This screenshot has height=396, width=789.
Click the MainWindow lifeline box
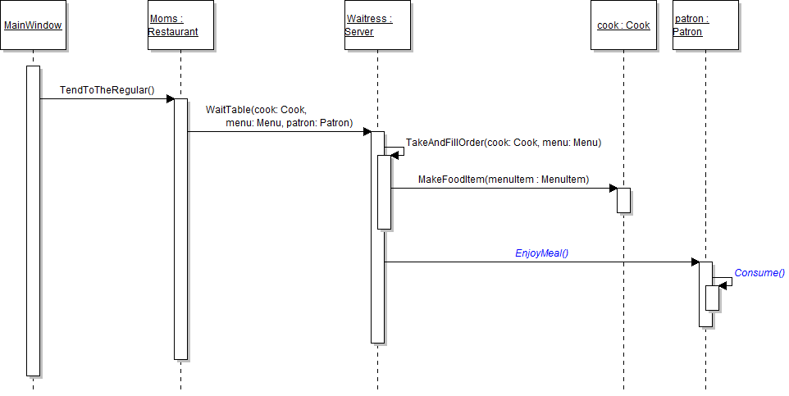point(33,25)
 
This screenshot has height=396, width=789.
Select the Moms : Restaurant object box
point(180,25)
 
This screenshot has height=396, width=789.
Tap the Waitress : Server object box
point(377,25)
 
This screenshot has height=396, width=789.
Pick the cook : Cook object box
point(623,25)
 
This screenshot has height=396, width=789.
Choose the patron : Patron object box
point(705,25)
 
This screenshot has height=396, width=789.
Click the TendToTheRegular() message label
point(107,89)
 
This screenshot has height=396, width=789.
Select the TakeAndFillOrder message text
point(504,143)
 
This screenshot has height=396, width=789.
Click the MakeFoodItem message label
point(503,180)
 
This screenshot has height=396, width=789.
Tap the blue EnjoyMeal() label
point(541,253)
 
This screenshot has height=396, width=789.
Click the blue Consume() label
point(759,273)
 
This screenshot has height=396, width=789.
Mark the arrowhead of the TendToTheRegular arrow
point(170,99)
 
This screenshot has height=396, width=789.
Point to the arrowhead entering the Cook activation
point(613,189)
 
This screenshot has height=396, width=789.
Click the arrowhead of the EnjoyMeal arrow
point(695,262)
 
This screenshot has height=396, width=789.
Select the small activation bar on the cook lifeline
point(623,200)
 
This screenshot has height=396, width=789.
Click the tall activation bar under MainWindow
point(33,221)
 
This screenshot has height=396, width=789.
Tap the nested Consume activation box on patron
point(712,298)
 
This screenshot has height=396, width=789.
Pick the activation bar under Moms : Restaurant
point(180,230)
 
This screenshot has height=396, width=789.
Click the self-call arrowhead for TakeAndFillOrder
point(394,155)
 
